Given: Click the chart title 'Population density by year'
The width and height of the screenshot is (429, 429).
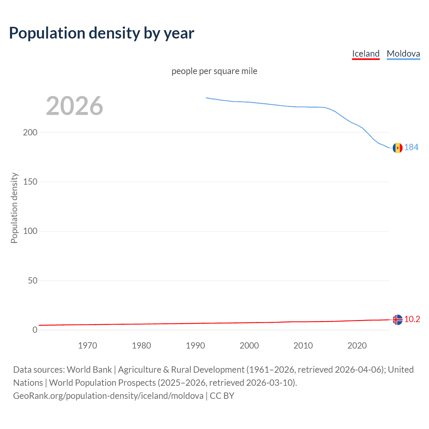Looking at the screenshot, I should point(101,33).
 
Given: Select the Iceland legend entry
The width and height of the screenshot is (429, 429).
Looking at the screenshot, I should point(366,54).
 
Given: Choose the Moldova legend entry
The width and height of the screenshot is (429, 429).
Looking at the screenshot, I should point(403,54).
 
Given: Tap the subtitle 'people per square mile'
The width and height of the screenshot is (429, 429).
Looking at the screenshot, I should point(214,71).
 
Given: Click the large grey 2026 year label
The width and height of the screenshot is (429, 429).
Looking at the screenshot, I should point(74,106).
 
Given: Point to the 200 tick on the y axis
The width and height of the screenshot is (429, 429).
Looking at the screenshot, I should point(30,132).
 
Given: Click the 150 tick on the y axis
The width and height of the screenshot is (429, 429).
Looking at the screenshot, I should point(30,182).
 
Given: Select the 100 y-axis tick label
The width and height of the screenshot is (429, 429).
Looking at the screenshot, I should point(30,231).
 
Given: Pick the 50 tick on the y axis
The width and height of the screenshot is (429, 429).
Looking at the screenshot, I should point(33,281).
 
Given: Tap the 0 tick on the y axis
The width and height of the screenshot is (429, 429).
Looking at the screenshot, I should point(35,330).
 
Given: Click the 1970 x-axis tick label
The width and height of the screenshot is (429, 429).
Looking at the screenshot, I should point(87,346).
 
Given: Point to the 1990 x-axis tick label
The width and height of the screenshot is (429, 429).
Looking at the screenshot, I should point(195,346).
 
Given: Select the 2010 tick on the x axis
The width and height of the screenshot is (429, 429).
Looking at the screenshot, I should point(303,346).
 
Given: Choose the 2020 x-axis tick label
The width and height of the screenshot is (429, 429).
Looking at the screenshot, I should point(357,346).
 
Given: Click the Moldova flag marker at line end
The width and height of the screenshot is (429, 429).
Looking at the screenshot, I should point(397,147).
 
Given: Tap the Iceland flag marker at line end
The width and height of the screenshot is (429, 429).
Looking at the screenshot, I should point(397,320).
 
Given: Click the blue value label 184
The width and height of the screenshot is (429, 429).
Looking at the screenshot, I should point(411,147).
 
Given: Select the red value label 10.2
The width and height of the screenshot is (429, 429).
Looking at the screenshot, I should point(412,319).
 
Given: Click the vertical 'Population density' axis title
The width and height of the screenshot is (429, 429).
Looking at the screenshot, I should point(14,208).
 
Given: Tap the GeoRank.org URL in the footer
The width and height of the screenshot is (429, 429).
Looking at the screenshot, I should point(108,396).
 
